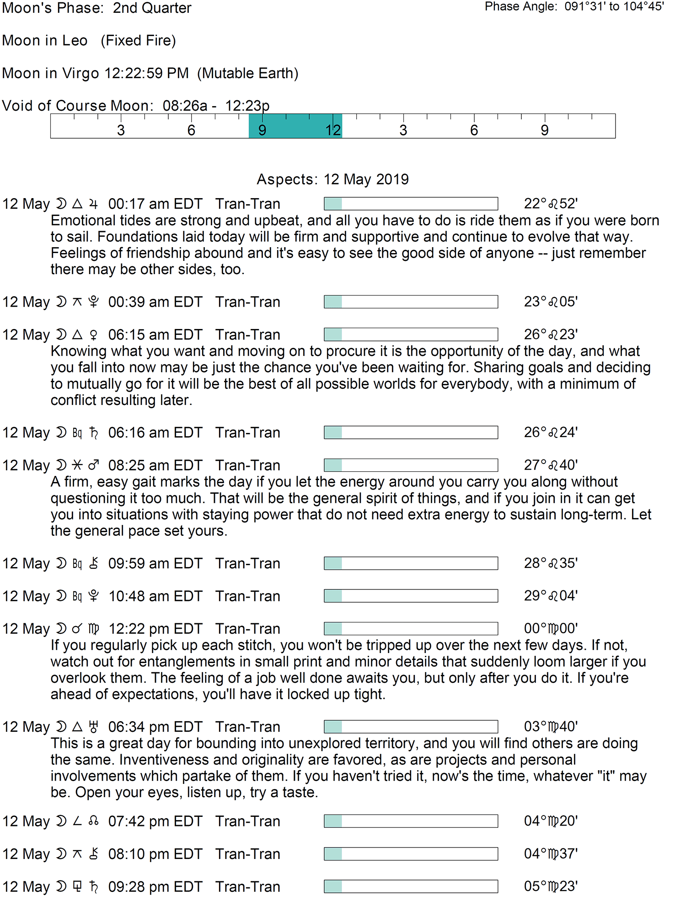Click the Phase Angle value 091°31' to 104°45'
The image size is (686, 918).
[614, 6]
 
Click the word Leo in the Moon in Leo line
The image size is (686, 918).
[75, 41]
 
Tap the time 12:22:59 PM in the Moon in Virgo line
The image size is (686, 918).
[146, 73]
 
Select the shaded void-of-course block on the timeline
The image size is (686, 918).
[295, 126]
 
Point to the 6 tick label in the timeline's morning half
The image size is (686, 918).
[191, 130]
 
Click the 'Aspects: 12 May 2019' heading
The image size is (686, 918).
[332, 179]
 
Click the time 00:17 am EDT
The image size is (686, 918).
[155, 204]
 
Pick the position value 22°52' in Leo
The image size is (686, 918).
[551, 204]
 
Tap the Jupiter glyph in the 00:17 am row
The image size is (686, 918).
[93, 204]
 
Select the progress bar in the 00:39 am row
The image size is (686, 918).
[411, 302]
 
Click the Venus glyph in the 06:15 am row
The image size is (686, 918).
[93, 335]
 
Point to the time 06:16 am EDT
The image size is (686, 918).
[155, 433]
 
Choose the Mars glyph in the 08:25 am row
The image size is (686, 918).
[93, 465]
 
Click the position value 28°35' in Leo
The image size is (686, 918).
[551, 563]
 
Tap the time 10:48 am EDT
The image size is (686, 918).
[155, 596]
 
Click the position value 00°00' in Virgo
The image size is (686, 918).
[551, 629]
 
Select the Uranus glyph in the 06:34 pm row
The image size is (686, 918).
[93, 727]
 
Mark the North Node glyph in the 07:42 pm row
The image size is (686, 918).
[93, 821]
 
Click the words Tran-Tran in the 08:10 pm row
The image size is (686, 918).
[247, 854]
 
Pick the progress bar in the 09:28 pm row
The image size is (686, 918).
[411, 886]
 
